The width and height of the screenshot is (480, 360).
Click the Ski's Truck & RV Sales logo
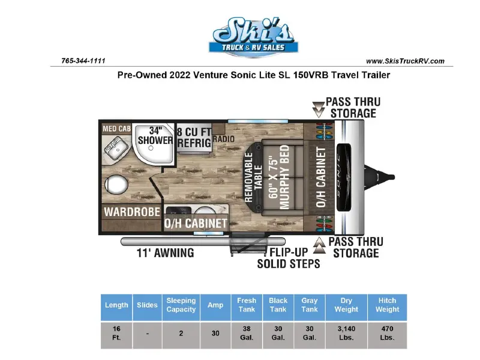(253, 37)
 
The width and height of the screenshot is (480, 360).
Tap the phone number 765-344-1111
(83, 61)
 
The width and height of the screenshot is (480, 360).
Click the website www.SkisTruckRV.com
(405, 61)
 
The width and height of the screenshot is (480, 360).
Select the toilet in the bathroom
(116, 185)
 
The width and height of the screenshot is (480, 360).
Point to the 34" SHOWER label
(155, 136)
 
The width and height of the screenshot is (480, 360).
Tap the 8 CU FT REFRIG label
(194, 137)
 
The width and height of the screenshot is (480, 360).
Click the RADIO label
(223, 139)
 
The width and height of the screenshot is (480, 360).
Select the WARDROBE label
(132, 212)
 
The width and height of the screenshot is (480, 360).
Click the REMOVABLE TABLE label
(253, 177)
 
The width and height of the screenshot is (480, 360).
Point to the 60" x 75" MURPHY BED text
(279, 177)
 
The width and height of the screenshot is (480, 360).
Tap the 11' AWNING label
(166, 253)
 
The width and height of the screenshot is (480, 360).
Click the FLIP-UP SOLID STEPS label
(289, 258)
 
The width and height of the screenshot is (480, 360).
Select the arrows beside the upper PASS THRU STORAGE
(319, 110)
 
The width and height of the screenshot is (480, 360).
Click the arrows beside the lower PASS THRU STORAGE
(319, 245)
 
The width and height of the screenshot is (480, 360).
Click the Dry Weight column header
(346, 305)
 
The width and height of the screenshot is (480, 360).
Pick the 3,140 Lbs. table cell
(346, 333)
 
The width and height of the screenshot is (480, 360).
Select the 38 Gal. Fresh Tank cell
(247, 333)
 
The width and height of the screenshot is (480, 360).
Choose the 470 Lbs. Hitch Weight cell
(387, 333)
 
